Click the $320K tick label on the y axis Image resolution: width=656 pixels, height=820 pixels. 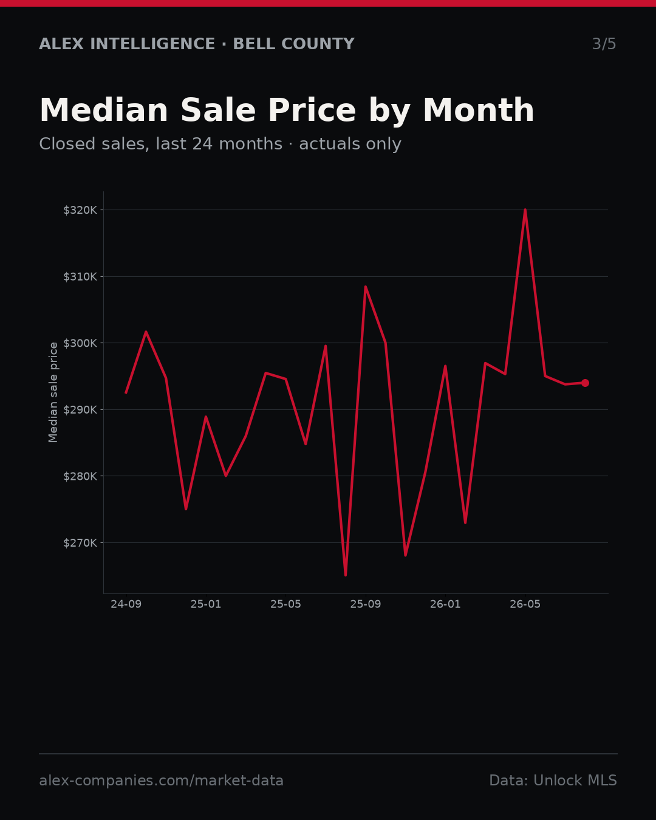pyautogui.click(x=80, y=210)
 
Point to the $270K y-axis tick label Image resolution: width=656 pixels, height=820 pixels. pyautogui.click(x=80, y=542)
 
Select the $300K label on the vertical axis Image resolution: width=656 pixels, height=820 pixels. pyautogui.click(x=80, y=343)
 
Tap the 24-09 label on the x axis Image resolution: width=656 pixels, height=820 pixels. pyautogui.click(x=126, y=604)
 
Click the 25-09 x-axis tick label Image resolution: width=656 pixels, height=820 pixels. pyautogui.click(x=366, y=604)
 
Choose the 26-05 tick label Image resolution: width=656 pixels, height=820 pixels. pyautogui.click(x=525, y=604)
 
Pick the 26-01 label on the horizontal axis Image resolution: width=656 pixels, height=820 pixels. pyautogui.click(x=445, y=604)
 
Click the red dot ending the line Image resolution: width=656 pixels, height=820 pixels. pyautogui.click(x=585, y=383)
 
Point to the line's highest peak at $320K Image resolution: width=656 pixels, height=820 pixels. pyautogui.click(x=525, y=210)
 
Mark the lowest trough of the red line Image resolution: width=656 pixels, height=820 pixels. pyautogui.click(x=346, y=575)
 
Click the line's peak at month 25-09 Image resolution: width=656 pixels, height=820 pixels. pyautogui.click(x=366, y=287)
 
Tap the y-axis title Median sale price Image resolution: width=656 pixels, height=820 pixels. pyautogui.click(x=53, y=392)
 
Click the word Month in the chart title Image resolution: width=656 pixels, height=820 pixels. pyautogui.click(x=479, y=110)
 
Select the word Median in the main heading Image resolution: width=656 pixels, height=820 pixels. pyautogui.click(x=104, y=110)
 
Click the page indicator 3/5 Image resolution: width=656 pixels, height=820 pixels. pyautogui.click(x=604, y=44)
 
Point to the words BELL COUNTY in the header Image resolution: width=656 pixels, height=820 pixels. pyautogui.click(x=294, y=44)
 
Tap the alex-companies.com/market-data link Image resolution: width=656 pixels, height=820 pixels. pyautogui.click(x=161, y=781)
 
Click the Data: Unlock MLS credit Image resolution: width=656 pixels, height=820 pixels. pyautogui.click(x=553, y=781)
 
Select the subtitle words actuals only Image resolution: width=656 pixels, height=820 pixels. pyautogui.click(x=350, y=144)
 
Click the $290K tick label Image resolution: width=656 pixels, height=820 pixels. pyautogui.click(x=80, y=409)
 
